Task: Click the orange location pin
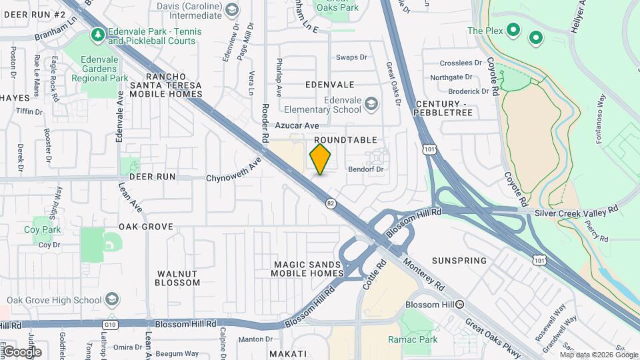[321, 159]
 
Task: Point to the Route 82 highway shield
[330, 203]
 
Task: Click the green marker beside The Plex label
[513, 30]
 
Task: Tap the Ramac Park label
[413, 339]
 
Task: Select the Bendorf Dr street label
[367, 169]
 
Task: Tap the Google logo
[22, 351]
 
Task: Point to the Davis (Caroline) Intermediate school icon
[231, 9]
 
